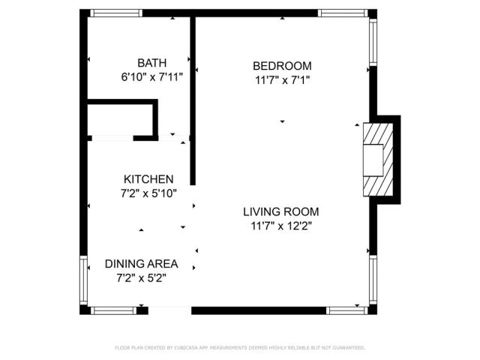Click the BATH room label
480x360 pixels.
tap(151, 63)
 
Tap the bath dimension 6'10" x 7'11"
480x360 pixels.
tap(151, 76)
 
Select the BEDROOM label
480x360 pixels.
tap(282, 65)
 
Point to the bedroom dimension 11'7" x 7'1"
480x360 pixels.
tap(282, 79)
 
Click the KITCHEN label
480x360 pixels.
tap(148, 179)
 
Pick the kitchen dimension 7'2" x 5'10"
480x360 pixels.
tap(148, 193)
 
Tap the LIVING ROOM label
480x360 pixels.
tap(282, 211)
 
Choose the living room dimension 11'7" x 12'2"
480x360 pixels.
tap(282, 225)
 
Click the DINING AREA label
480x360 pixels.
tap(141, 264)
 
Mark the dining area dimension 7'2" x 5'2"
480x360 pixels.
tap(141, 277)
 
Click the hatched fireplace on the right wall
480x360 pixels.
tap(377, 159)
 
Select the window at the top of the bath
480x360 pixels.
tap(115, 13)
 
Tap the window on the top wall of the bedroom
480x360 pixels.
tap(342, 13)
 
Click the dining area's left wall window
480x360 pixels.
tap(84, 279)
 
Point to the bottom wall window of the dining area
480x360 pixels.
tap(114, 310)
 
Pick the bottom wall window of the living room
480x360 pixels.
tap(346, 310)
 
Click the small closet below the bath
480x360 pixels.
tap(120, 120)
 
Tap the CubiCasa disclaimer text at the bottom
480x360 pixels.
tap(240, 348)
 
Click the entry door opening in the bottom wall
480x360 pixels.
tap(169, 310)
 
